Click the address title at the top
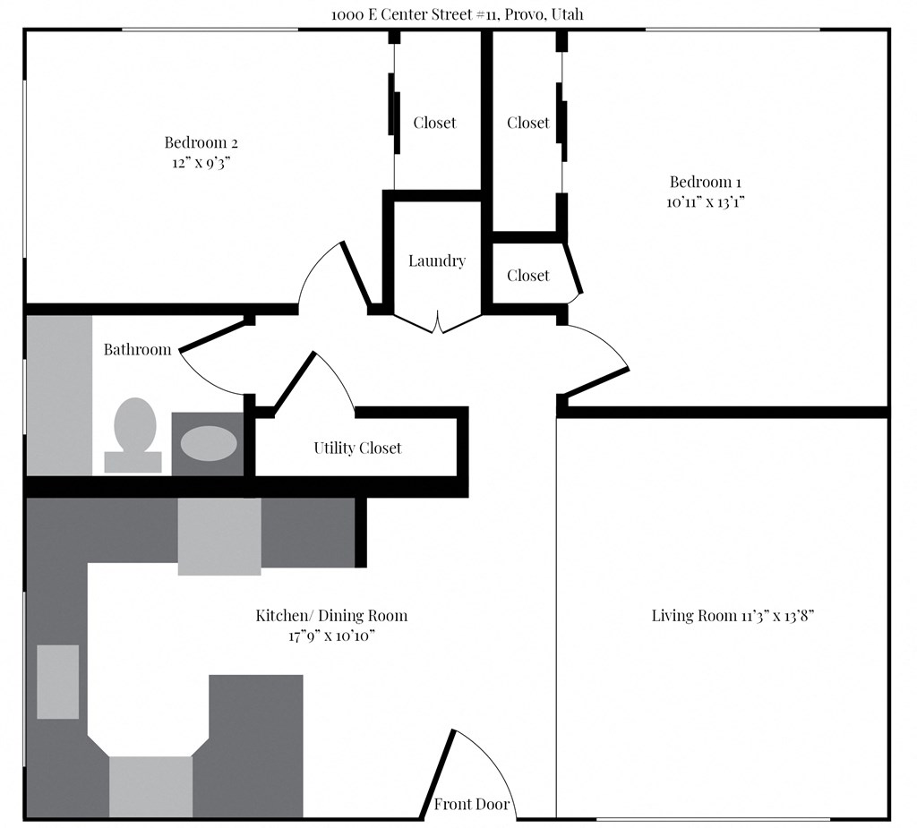(x=458, y=14)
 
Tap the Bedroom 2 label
(x=201, y=142)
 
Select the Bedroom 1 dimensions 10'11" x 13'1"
(x=706, y=202)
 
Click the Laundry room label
(x=437, y=261)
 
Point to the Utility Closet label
(x=357, y=448)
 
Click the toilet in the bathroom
(x=134, y=434)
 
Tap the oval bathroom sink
(x=210, y=443)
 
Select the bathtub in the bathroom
(x=59, y=395)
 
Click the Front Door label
(x=472, y=805)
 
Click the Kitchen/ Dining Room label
(x=331, y=616)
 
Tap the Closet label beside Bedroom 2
(x=434, y=123)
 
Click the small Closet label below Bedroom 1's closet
(x=527, y=276)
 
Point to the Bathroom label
(x=137, y=350)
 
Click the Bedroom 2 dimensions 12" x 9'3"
(x=201, y=163)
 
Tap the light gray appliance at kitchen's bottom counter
(x=150, y=786)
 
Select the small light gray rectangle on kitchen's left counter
(x=57, y=681)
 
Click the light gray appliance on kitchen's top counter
(x=219, y=536)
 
